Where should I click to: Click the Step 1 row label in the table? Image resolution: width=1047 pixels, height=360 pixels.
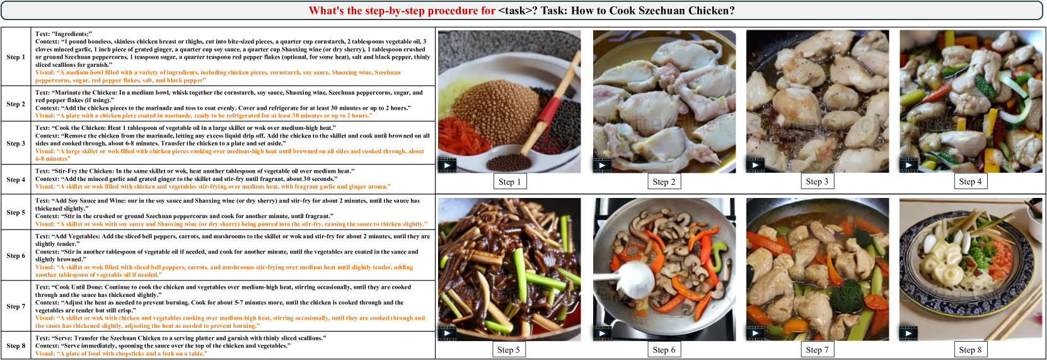[16, 57]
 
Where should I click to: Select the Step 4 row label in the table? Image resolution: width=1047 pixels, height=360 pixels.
[16, 180]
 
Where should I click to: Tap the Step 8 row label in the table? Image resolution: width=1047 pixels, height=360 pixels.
[16, 346]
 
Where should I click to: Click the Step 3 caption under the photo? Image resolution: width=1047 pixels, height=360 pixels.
[817, 182]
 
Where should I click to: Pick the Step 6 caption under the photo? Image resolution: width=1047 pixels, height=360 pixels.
[664, 350]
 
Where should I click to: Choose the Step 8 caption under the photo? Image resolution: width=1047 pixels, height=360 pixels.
[970, 350]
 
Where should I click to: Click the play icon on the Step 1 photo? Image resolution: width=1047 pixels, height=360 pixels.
[447, 165]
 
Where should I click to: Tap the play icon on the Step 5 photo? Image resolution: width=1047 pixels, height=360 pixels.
[447, 334]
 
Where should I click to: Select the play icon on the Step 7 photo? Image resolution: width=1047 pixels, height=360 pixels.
[755, 334]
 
